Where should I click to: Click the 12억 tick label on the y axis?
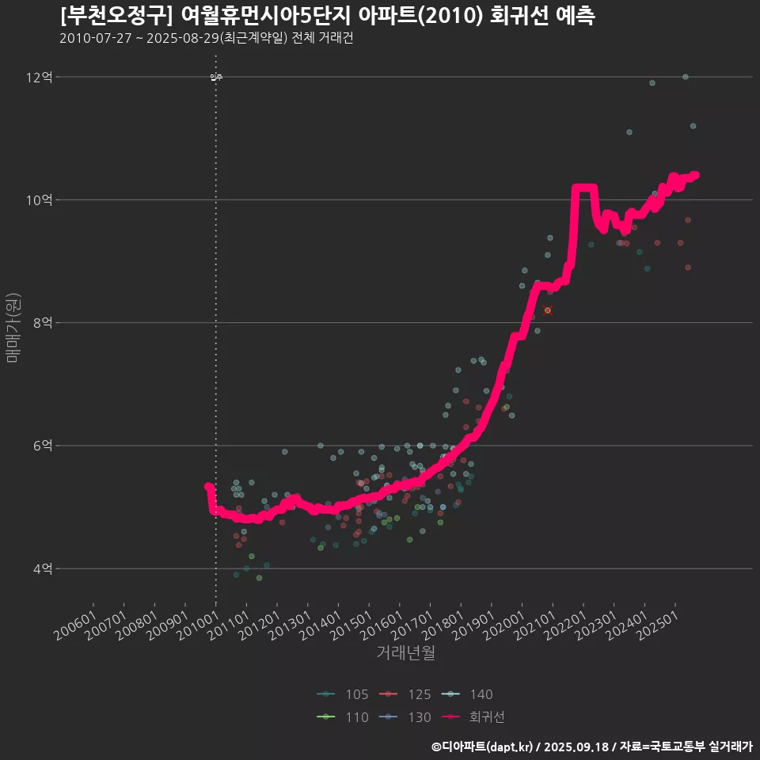tap(39, 78)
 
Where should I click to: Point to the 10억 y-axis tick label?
tap(39, 200)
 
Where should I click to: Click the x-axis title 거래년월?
tap(405, 653)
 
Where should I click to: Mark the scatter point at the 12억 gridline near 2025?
tap(686, 77)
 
